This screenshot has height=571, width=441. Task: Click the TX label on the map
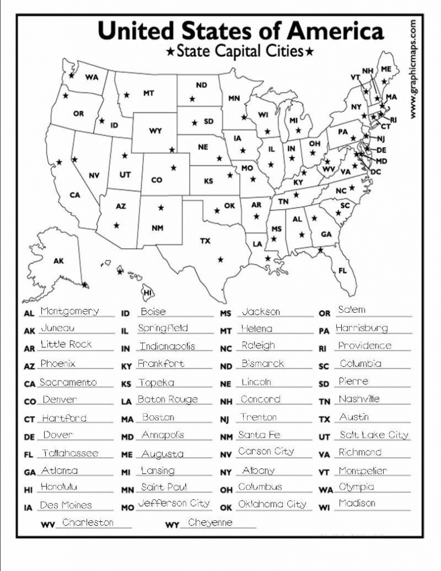tap(205, 241)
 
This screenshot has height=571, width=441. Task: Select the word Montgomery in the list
tap(70, 311)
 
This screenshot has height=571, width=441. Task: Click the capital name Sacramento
tap(68, 383)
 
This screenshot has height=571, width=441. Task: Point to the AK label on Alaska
tap(58, 261)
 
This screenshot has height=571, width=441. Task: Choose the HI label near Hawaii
tap(148, 292)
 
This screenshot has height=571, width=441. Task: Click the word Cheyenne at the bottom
tap(210, 522)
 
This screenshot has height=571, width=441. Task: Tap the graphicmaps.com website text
tap(413, 69)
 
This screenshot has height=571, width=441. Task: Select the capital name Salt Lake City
tap(374, 435)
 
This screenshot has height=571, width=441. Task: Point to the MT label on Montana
tap(148, 94)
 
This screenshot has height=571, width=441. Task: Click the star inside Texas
tap(221, 259)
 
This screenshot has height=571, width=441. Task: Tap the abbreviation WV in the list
tap(48, 525)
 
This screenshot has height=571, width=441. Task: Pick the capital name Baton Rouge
tap(167, 400)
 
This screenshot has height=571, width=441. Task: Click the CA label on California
tap(75, 195)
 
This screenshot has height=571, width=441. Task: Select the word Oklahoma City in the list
tap(272, 504)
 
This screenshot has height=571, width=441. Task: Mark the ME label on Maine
tap(386, 69)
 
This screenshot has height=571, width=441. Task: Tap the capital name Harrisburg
tap(361, 328)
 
